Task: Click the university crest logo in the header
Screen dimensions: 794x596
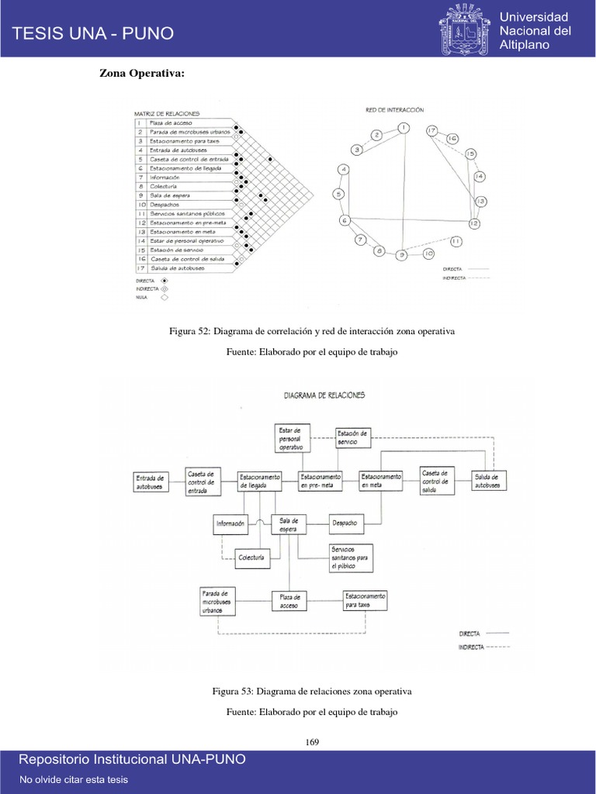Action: (x=465, y=29)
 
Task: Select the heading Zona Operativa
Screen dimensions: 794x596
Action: (x=142, y=74)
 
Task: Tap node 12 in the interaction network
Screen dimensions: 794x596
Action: (x=474, y=223)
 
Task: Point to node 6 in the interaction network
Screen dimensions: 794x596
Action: (x=345, y=220)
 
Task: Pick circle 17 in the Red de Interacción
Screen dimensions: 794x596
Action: (x=432, y=130)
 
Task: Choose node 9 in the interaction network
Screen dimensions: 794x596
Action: (x=401, y=254)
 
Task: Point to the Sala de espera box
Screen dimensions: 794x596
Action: (x=289, y=524)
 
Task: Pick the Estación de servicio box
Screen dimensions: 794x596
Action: (x=353, y=437)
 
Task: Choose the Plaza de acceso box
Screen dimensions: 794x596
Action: (x=289, y=602)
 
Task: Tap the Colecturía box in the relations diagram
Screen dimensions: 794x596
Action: (x=252, y=558)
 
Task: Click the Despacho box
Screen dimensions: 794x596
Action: (x=345, y=524)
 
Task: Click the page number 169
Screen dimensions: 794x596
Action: (x=313, y=742)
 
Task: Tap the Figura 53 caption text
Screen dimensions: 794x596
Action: (x=312, y=690)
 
